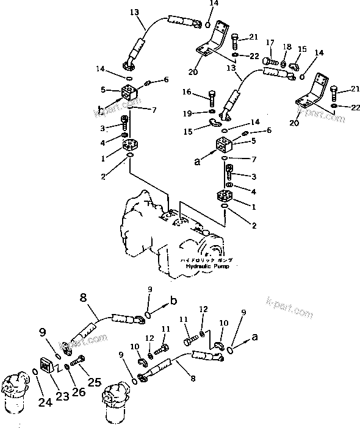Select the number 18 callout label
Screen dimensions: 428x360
287,47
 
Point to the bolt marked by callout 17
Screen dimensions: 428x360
272,61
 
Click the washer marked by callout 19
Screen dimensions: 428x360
211,112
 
